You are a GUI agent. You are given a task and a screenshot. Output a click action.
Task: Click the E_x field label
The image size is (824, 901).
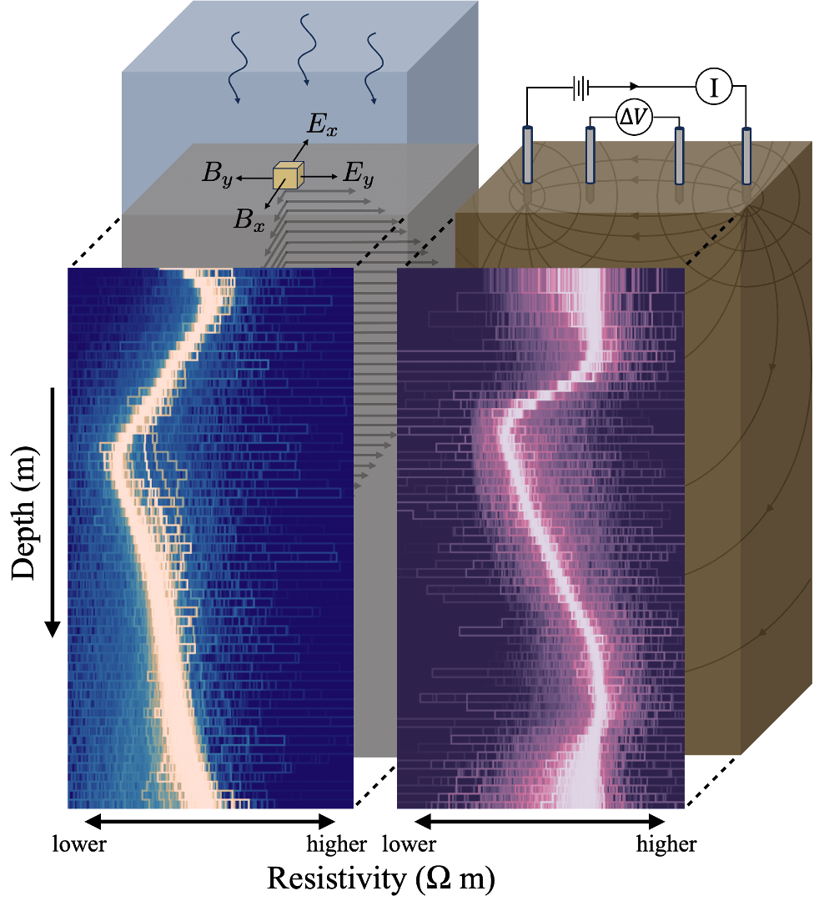[322, 124]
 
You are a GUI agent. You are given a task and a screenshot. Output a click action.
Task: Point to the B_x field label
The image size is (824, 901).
[248, 220]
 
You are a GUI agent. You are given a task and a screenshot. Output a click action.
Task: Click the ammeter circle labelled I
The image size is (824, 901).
[713, 87]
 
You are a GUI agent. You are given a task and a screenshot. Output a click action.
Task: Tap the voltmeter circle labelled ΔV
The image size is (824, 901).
[634, 120]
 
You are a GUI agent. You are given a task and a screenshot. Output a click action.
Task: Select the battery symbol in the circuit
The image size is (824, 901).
[582, 88]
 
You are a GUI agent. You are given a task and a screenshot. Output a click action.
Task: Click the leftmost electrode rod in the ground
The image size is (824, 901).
[527, 154]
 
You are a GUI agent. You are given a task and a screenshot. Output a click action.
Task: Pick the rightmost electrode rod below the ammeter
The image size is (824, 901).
[746, 154]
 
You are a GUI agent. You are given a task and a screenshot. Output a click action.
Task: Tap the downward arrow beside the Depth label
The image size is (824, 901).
[53, 509]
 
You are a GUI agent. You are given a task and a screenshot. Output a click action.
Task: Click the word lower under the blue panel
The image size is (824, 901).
[80, 844]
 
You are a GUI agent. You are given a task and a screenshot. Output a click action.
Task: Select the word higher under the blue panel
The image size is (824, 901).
[336, 844]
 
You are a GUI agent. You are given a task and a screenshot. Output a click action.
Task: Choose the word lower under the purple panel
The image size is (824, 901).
[409, 844]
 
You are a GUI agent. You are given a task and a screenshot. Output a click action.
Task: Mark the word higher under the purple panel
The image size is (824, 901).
[666, 844]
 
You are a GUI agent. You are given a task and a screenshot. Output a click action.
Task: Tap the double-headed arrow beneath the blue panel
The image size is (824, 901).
[210, 823]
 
